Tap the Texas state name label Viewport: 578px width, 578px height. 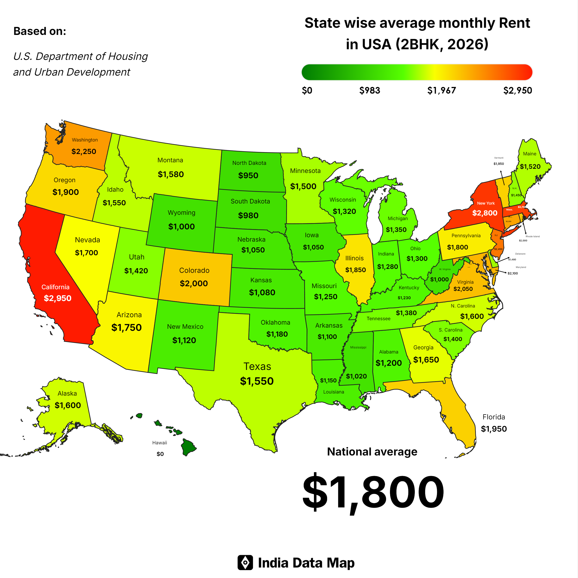point(257,366)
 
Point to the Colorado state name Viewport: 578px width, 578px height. point(194,271)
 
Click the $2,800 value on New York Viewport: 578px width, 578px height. point(485,213)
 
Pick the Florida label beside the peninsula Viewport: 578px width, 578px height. point(494,417)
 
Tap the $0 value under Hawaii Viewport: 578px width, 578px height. point(160,454)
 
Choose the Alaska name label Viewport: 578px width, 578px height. point(67,394)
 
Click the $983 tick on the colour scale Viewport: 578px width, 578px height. point(369,90)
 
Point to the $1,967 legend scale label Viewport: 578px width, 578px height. point(442,90)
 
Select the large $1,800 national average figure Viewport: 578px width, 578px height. point(373,492)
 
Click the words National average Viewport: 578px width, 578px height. point(372,452)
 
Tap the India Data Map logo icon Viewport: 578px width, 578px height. point(245,563)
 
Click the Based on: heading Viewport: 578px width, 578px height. point(40,31)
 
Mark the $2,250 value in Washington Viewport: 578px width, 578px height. point(84,151)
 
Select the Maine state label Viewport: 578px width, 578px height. point(529,154)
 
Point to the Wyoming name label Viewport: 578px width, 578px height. point(181,213)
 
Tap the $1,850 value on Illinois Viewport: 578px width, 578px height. point(355,270)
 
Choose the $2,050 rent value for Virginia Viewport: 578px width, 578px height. point(463,289)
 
